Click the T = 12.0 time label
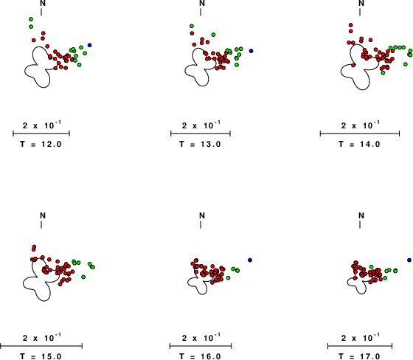pyautogui.click(x=41, y=144)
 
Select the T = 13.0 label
pyautogui.click(x=200, y=144)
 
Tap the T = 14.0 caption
pyautogui.click(x=360, y=144)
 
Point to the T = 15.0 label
pyautogui.click(x=41, y=356)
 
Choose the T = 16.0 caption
pyautogui.click(x=200, y=356)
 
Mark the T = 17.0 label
pyautogui.click(x=360, y=356)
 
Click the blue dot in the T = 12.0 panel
pyautogui.click(x=89, y=45)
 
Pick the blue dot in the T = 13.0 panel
pyautogui.click(x=251, y=51)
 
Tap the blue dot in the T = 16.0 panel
pyautogui.click(x=250, y=260)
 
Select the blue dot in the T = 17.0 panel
pyautogui.click(x=409, y=260)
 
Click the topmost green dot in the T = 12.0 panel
pyautogui.click(x=31, y=19)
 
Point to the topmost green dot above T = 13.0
pyautogui.click(x=192, y=26)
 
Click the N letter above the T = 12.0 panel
pyautogui.click(x=43, y=3)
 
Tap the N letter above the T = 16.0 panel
pyautogui.click(x=202, y=215)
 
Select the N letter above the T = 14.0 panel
pyautogui.click(x=361, y=3)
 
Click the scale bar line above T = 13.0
pyautogui.click(x=201, y=134)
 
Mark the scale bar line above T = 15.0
pyautogui.click(x=41, y=346)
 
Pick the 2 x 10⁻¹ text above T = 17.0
pyautogui.click(x=360, y=337)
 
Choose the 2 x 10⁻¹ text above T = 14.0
pyautogui.click(x=360, y=125)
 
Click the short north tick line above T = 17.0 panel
pyautogui.click(x=360, y=224)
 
